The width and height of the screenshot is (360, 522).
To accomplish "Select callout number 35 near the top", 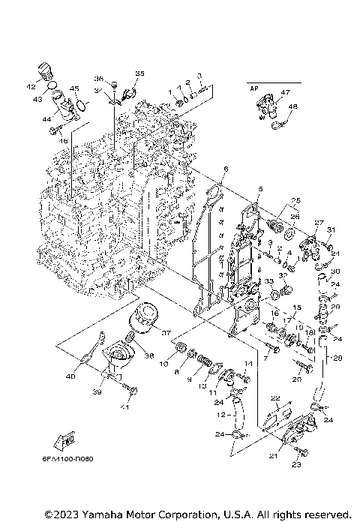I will (x=139, y=73).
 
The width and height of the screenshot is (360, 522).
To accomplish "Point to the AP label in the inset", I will (x=253, y=88).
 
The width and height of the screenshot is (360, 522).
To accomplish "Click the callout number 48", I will (x=293, y=106).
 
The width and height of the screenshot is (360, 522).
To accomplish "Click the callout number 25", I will (x=295, y=200).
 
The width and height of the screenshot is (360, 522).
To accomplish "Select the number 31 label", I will (x=331, y=229).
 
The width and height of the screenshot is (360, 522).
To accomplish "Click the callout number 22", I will (x=275, y=397).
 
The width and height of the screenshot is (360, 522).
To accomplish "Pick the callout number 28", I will (x=337, y=358).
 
